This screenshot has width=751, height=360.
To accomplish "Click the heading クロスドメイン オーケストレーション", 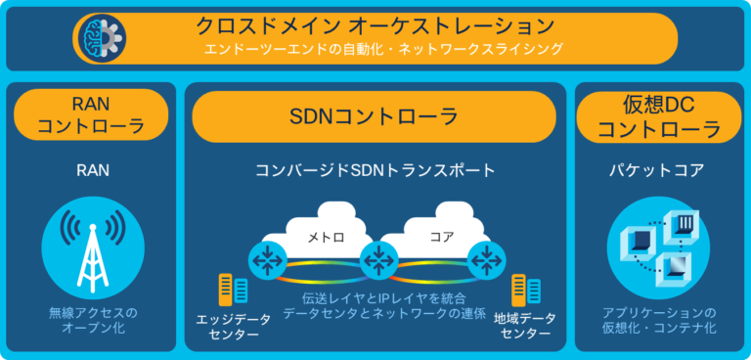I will [389, 24].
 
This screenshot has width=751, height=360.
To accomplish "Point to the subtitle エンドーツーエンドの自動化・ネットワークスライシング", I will [389, 48].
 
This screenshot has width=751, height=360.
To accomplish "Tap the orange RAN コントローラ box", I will [91, 115].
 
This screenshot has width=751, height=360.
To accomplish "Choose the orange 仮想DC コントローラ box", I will [658, 115].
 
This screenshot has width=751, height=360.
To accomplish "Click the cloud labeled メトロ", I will [324, 236].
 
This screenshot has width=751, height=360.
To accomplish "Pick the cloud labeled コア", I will [437, 236].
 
